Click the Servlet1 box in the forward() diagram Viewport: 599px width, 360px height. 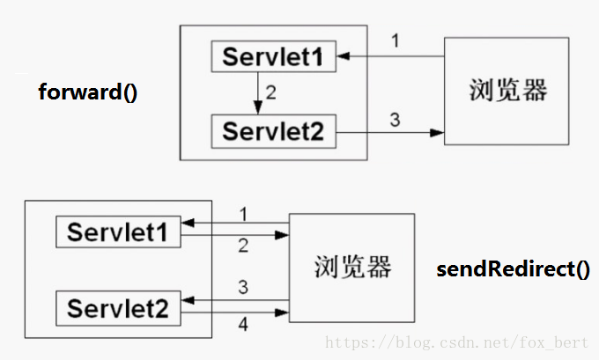[274, 57]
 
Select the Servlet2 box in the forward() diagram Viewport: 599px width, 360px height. [274, 132]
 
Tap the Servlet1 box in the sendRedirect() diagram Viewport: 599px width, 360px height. [118, 232]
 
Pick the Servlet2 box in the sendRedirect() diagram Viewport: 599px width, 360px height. [118, 308]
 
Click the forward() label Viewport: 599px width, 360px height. [88, 92]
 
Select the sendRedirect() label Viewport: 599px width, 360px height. [514, 268]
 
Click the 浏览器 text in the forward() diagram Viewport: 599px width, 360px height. [507, 91]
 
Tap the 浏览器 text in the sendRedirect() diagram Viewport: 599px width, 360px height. [352, 266]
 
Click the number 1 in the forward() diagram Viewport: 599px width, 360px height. [396, 40]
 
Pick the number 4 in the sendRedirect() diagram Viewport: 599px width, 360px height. [242, 325]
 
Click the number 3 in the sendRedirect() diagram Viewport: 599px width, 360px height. [242, 287]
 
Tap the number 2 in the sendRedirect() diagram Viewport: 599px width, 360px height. [242, 247]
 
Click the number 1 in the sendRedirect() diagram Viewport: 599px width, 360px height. [242, 214]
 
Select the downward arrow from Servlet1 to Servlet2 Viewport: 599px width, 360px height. [257, 93]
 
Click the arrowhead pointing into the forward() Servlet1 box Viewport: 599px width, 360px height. [343, 57]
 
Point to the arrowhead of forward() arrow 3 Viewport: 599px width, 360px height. [437, 133]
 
